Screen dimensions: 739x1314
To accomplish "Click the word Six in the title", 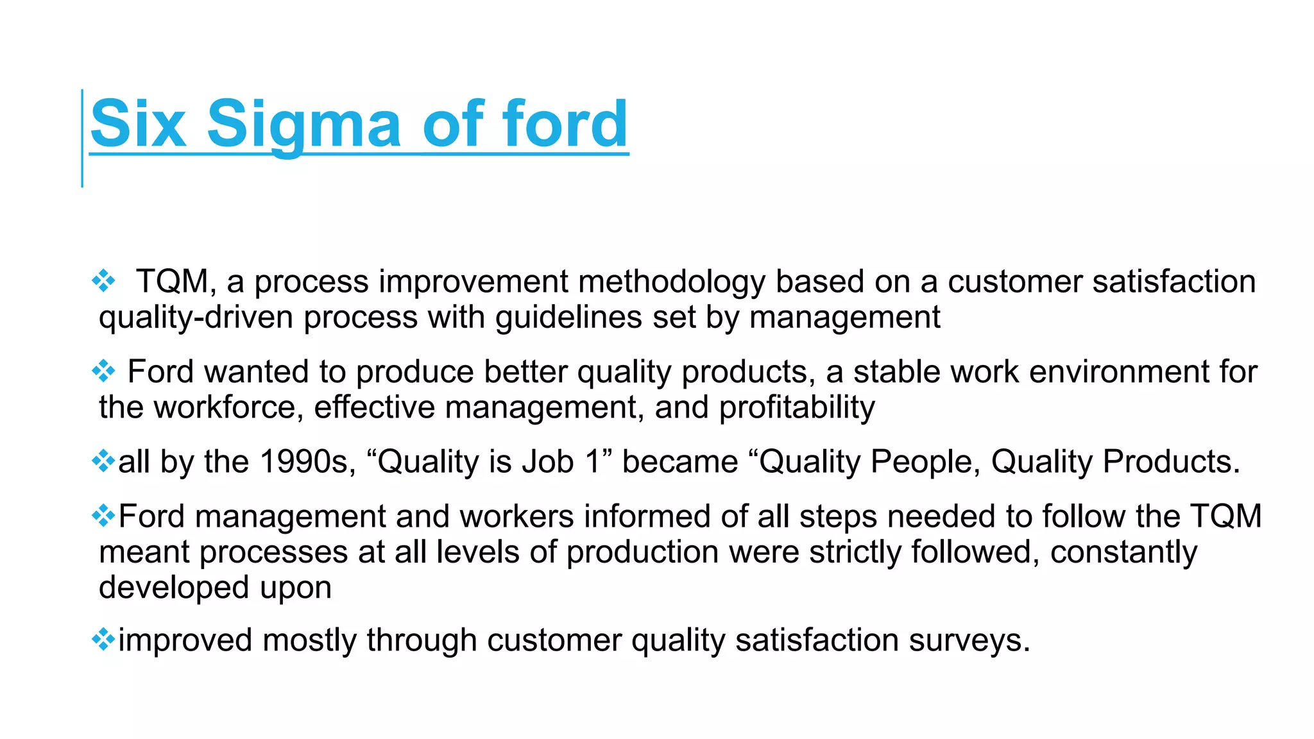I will (x=138, y=123).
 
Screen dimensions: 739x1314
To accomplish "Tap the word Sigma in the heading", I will (x=303, y=123).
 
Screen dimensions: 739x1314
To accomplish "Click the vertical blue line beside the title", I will (x=82, y=138).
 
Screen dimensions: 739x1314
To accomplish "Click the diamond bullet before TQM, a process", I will (x=103, y=281).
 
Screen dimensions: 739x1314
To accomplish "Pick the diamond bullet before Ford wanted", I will (x=103, y=371).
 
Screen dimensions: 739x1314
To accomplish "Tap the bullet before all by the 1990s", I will (x=103, y=461).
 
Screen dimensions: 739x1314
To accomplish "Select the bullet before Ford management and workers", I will (x=103, y=515).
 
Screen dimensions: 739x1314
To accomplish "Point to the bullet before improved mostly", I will (x=103, y=639).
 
